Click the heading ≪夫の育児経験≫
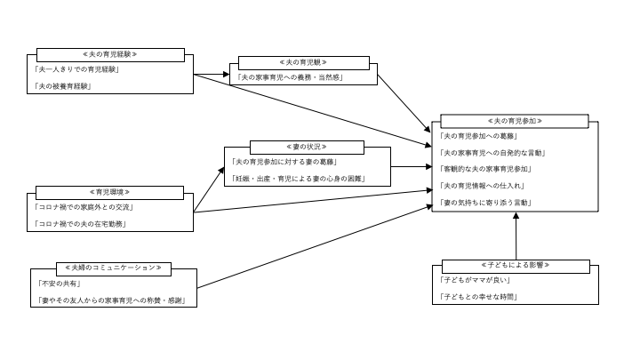(110, 54)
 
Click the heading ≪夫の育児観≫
(303, 63)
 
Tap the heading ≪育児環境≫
(110, 192)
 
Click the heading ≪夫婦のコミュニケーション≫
(111, 268)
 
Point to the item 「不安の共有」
(59, 283)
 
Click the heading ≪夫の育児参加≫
(515, 121)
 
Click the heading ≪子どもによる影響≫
(516, 266)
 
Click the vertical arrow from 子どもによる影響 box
(516, 237)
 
